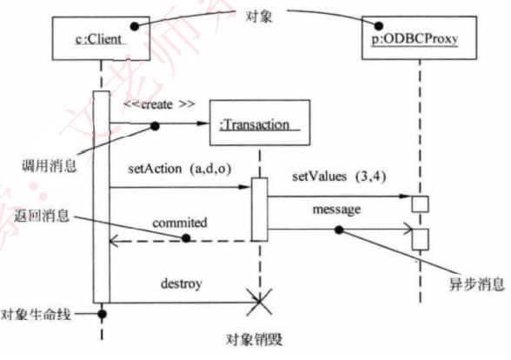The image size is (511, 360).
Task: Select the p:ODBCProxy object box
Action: (415, 39)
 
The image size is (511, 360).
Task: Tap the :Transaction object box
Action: (259, 124)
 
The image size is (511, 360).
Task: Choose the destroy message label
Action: (180, 283)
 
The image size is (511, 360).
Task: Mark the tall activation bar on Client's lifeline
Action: (101, 196)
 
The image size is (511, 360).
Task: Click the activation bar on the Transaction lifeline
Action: (259, 210)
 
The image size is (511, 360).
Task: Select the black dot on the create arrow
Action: (156, 126)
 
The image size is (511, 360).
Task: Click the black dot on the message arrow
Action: (339, 230)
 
